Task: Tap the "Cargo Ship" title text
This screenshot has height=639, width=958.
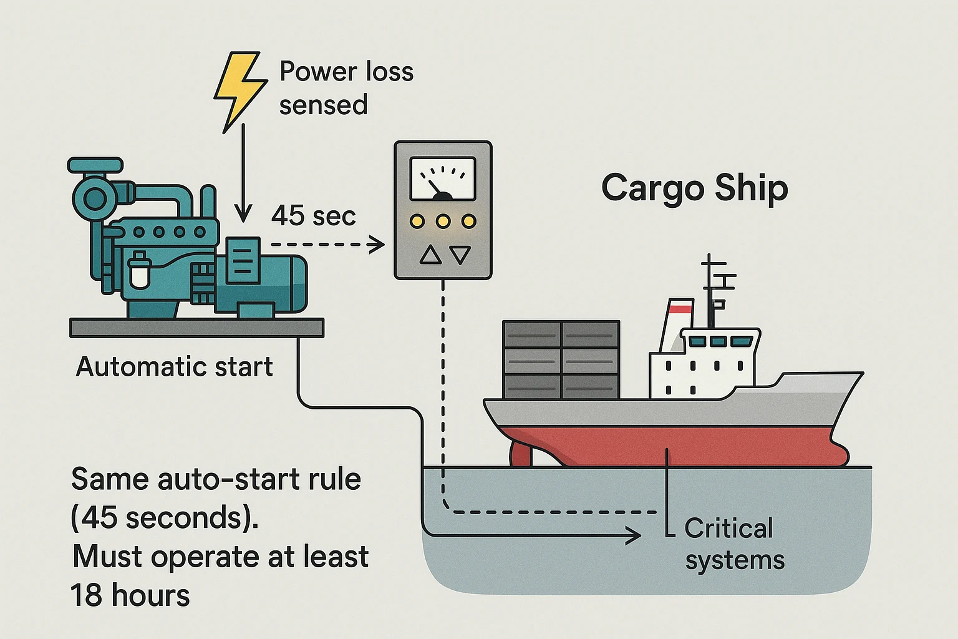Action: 694,188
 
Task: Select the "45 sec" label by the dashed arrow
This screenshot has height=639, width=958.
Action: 313,216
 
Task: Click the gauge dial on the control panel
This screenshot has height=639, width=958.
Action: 443,178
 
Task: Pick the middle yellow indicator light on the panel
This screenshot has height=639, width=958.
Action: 443,222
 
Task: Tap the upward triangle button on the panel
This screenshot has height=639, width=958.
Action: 430,255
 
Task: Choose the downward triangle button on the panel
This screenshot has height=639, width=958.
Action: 460,255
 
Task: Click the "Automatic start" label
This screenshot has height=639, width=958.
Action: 174,367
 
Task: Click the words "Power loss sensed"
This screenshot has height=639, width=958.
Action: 345,88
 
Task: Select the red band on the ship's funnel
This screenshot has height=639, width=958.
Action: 680,307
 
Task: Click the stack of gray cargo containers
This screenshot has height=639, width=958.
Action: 561,359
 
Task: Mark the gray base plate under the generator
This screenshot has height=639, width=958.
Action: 196,328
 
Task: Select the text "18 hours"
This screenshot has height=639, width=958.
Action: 130,595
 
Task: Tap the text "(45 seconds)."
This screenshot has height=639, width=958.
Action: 165,518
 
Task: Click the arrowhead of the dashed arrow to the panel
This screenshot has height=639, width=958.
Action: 377,245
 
